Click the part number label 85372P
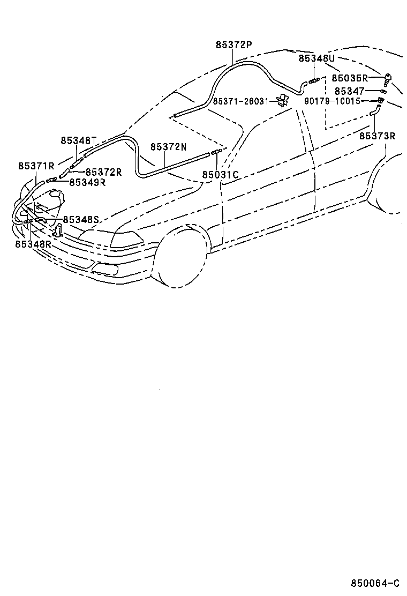coord(233,45)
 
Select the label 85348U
coord(316,58)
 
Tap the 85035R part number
coord(350,78)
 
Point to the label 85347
coord(350,92)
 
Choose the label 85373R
coord(377,136)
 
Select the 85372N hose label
coord(168,147)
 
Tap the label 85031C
coord(220,175)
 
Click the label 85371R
coord(36,166)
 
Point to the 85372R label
coord(103,172)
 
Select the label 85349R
coord(87,182)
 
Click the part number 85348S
coord(81,219)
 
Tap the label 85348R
coord(33,244)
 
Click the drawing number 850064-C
coord(375,583)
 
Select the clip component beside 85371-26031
coord(282,101)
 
